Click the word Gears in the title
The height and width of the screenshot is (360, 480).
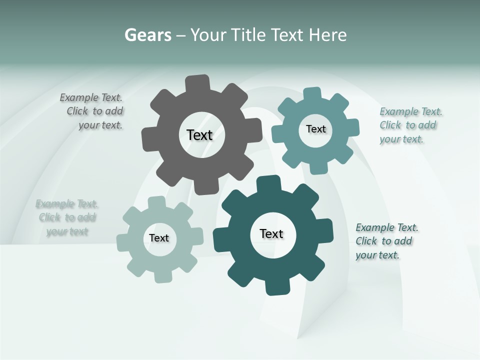coord(147,35)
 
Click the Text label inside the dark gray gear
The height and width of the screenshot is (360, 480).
coord(199,135)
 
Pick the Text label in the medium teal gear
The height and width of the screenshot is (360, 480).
coord(315,129)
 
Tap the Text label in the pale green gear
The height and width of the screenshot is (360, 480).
coord(159,238)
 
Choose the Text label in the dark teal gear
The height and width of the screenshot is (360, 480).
coord(271,233)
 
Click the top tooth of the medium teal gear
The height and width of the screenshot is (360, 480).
coord(312,93)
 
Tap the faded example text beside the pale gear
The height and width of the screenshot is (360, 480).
coord(67,217)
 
